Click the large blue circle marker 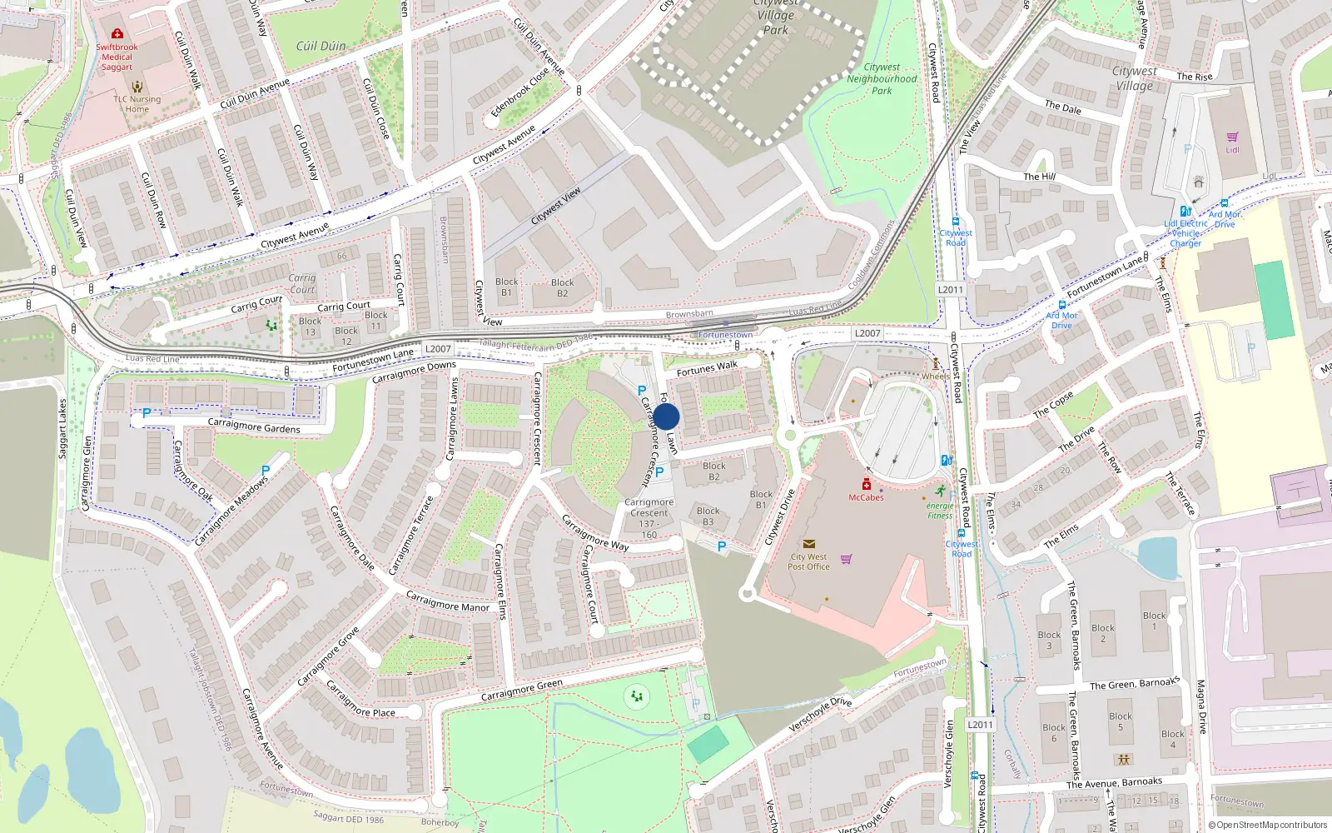click(666, 416)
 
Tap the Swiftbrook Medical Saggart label click(117, 57)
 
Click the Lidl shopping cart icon click(1232, 137)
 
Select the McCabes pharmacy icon click(866, 485)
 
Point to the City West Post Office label click(808, 561)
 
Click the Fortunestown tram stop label click(725, 335)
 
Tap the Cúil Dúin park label click(321, 47)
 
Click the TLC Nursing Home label click(137, 104)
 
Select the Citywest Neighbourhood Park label click(882, 79)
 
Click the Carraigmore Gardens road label click(254, 426)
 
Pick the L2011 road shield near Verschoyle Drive click(980, 725)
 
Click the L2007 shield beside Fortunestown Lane click(438, 349)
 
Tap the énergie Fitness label click(940, 511)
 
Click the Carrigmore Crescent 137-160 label click(649, 518)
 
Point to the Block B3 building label click(708, 516)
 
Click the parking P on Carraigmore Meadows click(266, 471)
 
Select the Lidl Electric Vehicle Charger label click(1185, 233)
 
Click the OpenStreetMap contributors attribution click(1267, 825)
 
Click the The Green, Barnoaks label click(1134, 684)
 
